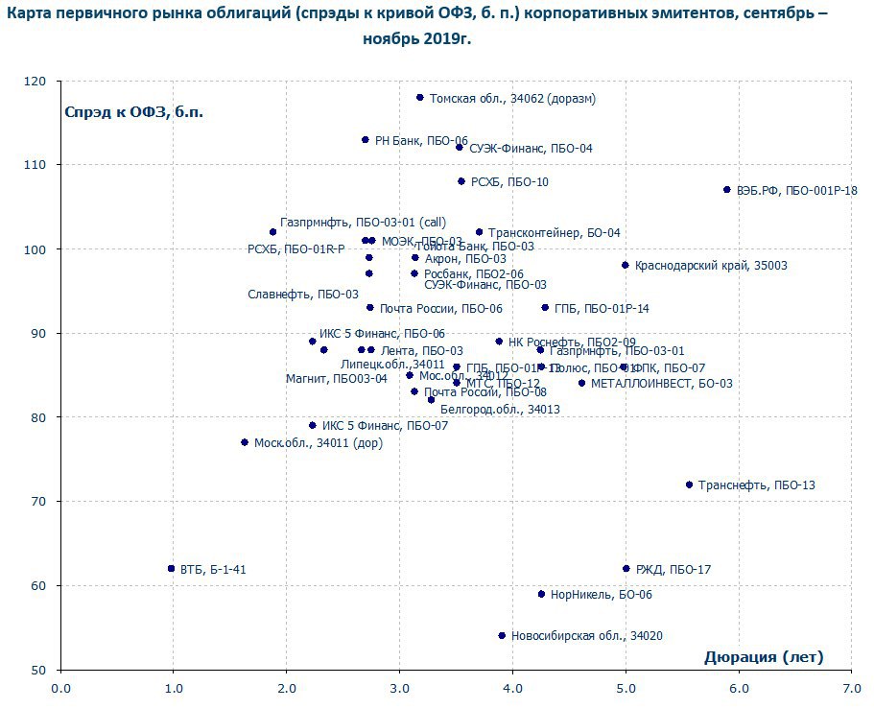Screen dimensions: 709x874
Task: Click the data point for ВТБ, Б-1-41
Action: pyautogui.click(x=172, y=569)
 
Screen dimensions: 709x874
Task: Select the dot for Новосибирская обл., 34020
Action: pyautogui.click(x=502, y=635)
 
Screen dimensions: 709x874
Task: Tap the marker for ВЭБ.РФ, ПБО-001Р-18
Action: pyautogui.click(x=727, y=190)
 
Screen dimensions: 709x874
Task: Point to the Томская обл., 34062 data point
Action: pyautogui.click(x=420, y=98)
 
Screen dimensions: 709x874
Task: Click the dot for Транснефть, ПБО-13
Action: pyautogui.click(x=689, y=484)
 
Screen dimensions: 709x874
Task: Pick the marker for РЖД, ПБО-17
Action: pyautogui.click(x=626, y=569)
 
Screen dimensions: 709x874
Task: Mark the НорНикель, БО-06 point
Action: pyautogui.click(x=541, y=594)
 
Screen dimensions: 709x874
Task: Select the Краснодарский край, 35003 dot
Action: pyautogui.click(x=626, y=265)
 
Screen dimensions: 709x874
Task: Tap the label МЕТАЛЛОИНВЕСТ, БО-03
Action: pyautogui.click(x=661, y=384)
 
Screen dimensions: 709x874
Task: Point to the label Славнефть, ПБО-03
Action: pyautogui.click(x=303, y=294)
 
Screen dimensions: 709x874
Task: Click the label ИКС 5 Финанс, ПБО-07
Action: pyautogui.click(x=385, y=426)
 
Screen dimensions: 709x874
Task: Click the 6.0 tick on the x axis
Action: pyautogui.click(x=738, y=688)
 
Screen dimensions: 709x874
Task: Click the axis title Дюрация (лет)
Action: pyautogui.click(x=764, y=657)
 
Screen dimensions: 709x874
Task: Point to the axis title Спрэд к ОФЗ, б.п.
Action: pyautogui.click(x=134, y=111)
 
